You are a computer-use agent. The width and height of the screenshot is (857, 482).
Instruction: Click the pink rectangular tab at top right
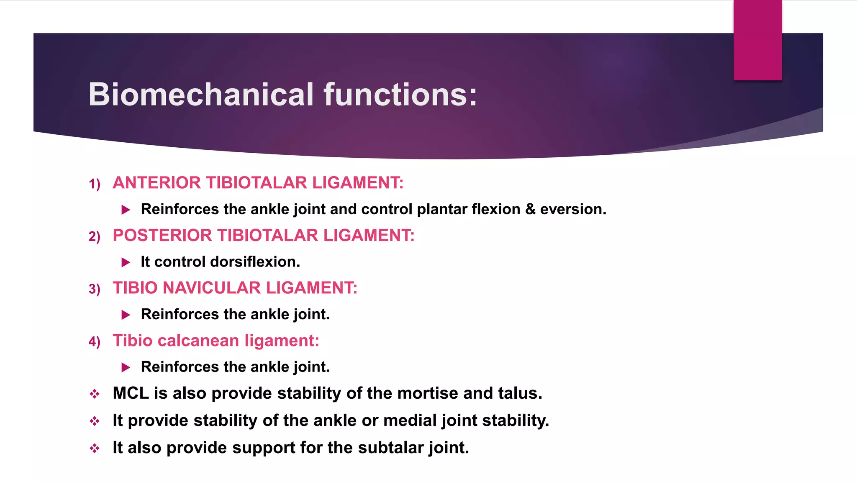[757, 40]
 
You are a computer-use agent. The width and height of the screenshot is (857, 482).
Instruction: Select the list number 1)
[95, 184]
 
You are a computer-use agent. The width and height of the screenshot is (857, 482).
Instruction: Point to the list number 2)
[95, 237]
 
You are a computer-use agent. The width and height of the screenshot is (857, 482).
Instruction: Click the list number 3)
[95, 289]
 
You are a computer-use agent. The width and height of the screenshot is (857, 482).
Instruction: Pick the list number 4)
[95, 342]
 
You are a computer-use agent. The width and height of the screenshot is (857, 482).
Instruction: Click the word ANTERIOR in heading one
[157, 183]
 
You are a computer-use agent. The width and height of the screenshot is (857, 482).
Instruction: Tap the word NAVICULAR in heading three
[211, 288]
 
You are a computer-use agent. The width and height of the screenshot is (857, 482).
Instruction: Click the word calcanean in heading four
[198, 341]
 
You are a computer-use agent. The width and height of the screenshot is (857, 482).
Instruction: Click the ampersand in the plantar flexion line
[530, 209]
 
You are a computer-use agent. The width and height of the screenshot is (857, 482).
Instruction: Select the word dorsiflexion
[255, 262]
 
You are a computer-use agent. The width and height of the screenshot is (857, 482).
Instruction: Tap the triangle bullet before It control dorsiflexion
[126, 262]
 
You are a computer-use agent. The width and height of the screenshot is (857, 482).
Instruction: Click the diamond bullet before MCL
[95, 394]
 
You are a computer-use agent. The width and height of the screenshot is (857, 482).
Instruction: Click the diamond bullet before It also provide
[95, 449]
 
